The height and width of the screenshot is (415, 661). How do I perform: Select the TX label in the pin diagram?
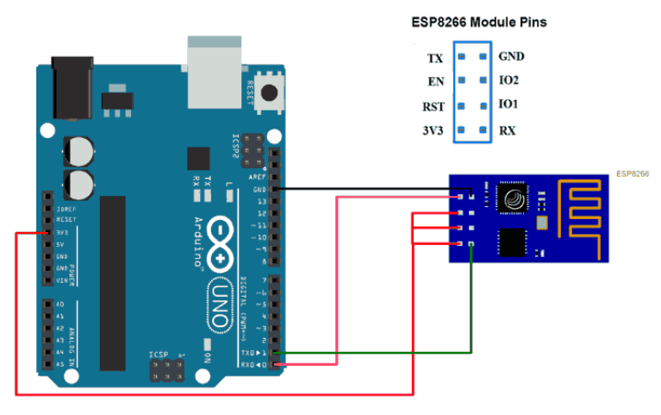pyautogui.click(x=435, y=60)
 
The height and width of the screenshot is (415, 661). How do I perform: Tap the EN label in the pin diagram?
pyautogui.click(x=435, y=84)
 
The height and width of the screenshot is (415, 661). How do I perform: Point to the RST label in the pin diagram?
pyautogui.click(x=433, y=108)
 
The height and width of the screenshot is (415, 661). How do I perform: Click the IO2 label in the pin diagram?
pyautogui.click(x=508, y=80)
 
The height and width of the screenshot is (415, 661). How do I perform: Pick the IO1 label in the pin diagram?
pyautogui.click(x=508, y=104)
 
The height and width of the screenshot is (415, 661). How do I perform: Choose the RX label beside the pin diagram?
pyautogui.click(x=508, y=131)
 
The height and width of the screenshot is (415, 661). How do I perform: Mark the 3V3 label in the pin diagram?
pyautogui.click(x=433, y=132)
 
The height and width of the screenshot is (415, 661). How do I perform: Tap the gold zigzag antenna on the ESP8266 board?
pyautogui.click(x=585, y=207)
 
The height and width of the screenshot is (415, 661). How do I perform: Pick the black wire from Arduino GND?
pyautogui.click(x=371, y=188)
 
